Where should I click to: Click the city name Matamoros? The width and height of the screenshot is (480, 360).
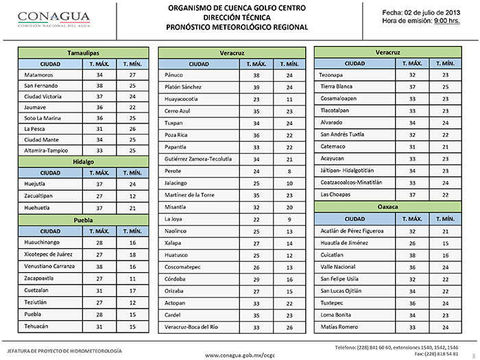(x=38, y=75)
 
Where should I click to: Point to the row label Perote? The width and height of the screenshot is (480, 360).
(x=174, y=171)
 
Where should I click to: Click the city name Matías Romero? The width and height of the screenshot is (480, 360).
(x=340, y=328)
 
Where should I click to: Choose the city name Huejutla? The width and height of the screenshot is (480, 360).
(x=36, y=184)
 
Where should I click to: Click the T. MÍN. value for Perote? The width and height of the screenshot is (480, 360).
(x=289, y=171)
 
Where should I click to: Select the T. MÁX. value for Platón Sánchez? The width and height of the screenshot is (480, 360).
(x=256, y=87)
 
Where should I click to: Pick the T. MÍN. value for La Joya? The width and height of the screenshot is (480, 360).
(x=289, y=219)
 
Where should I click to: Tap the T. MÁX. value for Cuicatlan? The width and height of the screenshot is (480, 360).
(x=412, y=254)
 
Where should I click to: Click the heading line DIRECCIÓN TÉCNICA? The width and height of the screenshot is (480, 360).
(x=237, y=18)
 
